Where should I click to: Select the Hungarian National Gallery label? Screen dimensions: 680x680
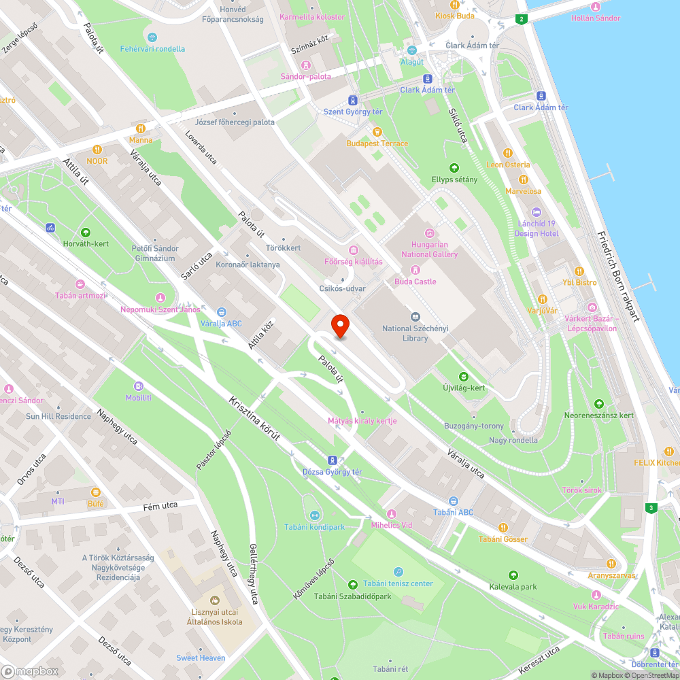[x=430, y=249]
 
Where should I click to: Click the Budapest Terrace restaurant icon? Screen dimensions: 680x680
[x=377, y=132]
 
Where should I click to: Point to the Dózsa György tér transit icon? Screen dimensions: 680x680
[x=333, y=460]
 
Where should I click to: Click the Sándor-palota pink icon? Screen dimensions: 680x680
[x=306, y=65]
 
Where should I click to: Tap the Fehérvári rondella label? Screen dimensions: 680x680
[x=152, y=49]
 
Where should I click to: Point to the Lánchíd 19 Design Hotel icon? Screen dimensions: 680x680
[x=536, y=213]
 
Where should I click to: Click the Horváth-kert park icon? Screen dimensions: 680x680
[x=85, y=232]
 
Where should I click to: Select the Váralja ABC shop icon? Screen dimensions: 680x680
[x=221, y=312]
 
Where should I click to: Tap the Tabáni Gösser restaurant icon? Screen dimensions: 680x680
[x=503, y=528]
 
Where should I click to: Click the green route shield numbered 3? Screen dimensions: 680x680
[x=651, y=508]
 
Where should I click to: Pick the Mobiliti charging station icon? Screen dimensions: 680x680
[x=139, y=386]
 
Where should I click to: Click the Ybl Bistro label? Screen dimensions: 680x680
[x=579, y=282]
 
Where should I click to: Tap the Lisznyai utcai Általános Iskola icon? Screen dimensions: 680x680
[x=214, y=600]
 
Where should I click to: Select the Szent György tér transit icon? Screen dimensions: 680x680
[x=352, y=100]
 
